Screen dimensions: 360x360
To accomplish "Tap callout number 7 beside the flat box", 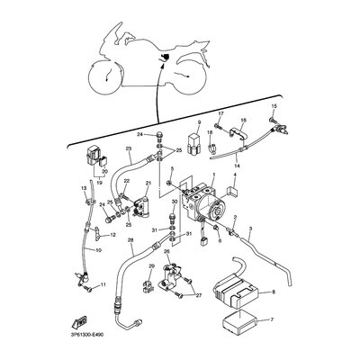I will [274, 319].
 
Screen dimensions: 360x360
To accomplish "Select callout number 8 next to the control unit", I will [274, 292].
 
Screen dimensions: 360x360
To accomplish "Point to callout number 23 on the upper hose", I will [129, 149].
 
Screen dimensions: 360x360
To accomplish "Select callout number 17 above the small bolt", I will [219, 112].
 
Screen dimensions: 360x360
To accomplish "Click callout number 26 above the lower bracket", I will [166, 252].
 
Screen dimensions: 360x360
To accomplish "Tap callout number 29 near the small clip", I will [151, 268].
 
